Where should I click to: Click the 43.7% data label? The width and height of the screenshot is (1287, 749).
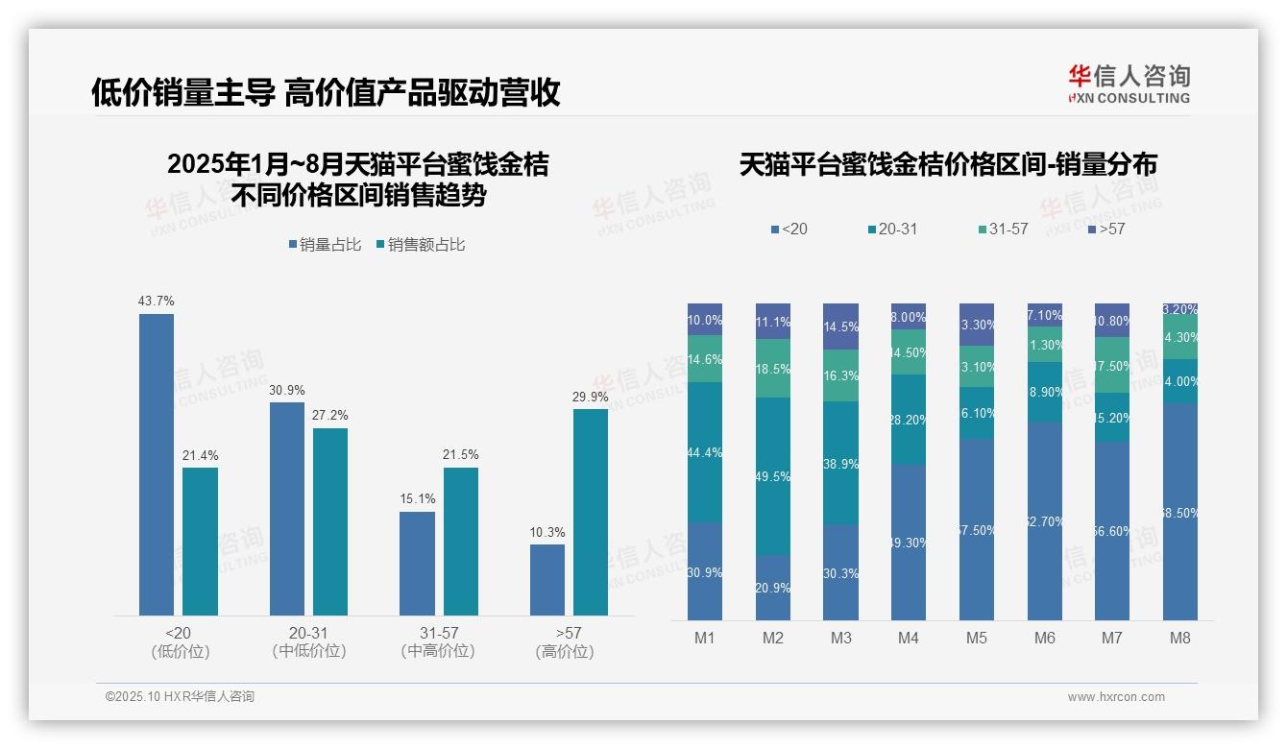[157, 302]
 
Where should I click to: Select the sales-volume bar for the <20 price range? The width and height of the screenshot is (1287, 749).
[157, 465]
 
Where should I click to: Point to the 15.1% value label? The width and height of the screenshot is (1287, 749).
[417, 498]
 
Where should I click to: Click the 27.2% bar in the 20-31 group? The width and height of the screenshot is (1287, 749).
[330, 521]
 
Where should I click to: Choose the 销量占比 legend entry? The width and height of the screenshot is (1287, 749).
[326, 245]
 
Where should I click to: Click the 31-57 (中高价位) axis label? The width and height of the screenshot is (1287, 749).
[438, 642]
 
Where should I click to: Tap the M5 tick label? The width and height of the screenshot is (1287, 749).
[977, 638]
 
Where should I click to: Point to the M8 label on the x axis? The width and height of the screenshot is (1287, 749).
[1180, 638]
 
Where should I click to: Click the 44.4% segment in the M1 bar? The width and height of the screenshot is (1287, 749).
[705, 452]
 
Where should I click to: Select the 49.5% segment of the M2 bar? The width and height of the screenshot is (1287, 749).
[773, 476]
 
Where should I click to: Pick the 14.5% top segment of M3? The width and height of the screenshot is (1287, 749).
[840, 326]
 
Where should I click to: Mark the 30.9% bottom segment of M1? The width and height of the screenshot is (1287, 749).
[705, 571]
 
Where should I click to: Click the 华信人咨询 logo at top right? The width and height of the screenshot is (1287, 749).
[1129, 84]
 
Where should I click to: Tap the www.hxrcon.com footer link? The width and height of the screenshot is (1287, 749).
[1116, 697]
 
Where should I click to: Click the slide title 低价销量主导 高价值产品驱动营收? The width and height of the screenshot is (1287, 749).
[326, 92]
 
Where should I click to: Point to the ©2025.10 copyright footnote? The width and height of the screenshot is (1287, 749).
[181, 697]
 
